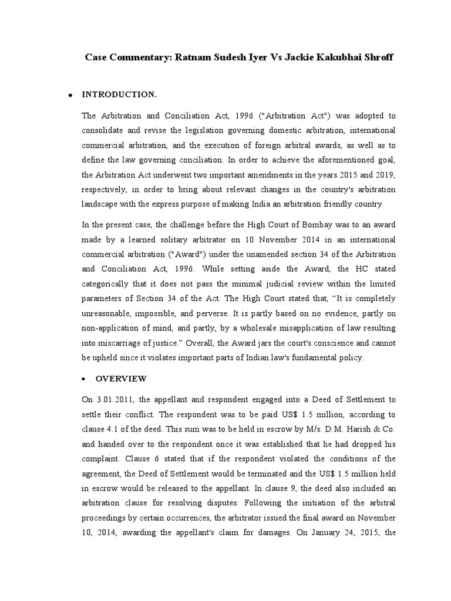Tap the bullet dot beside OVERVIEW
84,379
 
